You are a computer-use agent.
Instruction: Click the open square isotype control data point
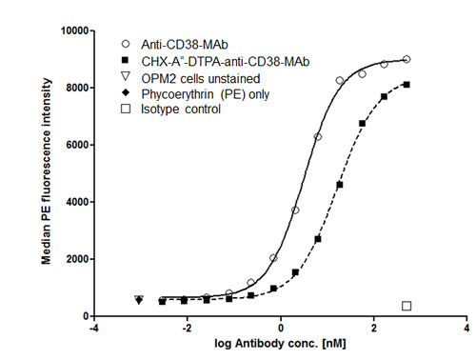point(407,306)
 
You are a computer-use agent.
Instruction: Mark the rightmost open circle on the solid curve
point(407,59)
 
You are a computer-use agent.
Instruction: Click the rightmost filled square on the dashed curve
point(407,85)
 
